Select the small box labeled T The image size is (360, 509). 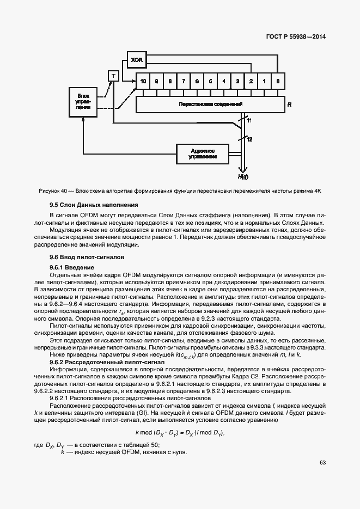(x=114, y=76)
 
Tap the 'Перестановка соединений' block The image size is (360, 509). (x=210, y=103)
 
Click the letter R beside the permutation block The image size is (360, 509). (x=290, y=103)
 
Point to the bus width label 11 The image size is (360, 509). (x=249, y=120)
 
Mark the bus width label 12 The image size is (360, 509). (x=249, y=140)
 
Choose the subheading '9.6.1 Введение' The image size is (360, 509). (x=72, y=267)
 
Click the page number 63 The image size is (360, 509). (x=322, y=463)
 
